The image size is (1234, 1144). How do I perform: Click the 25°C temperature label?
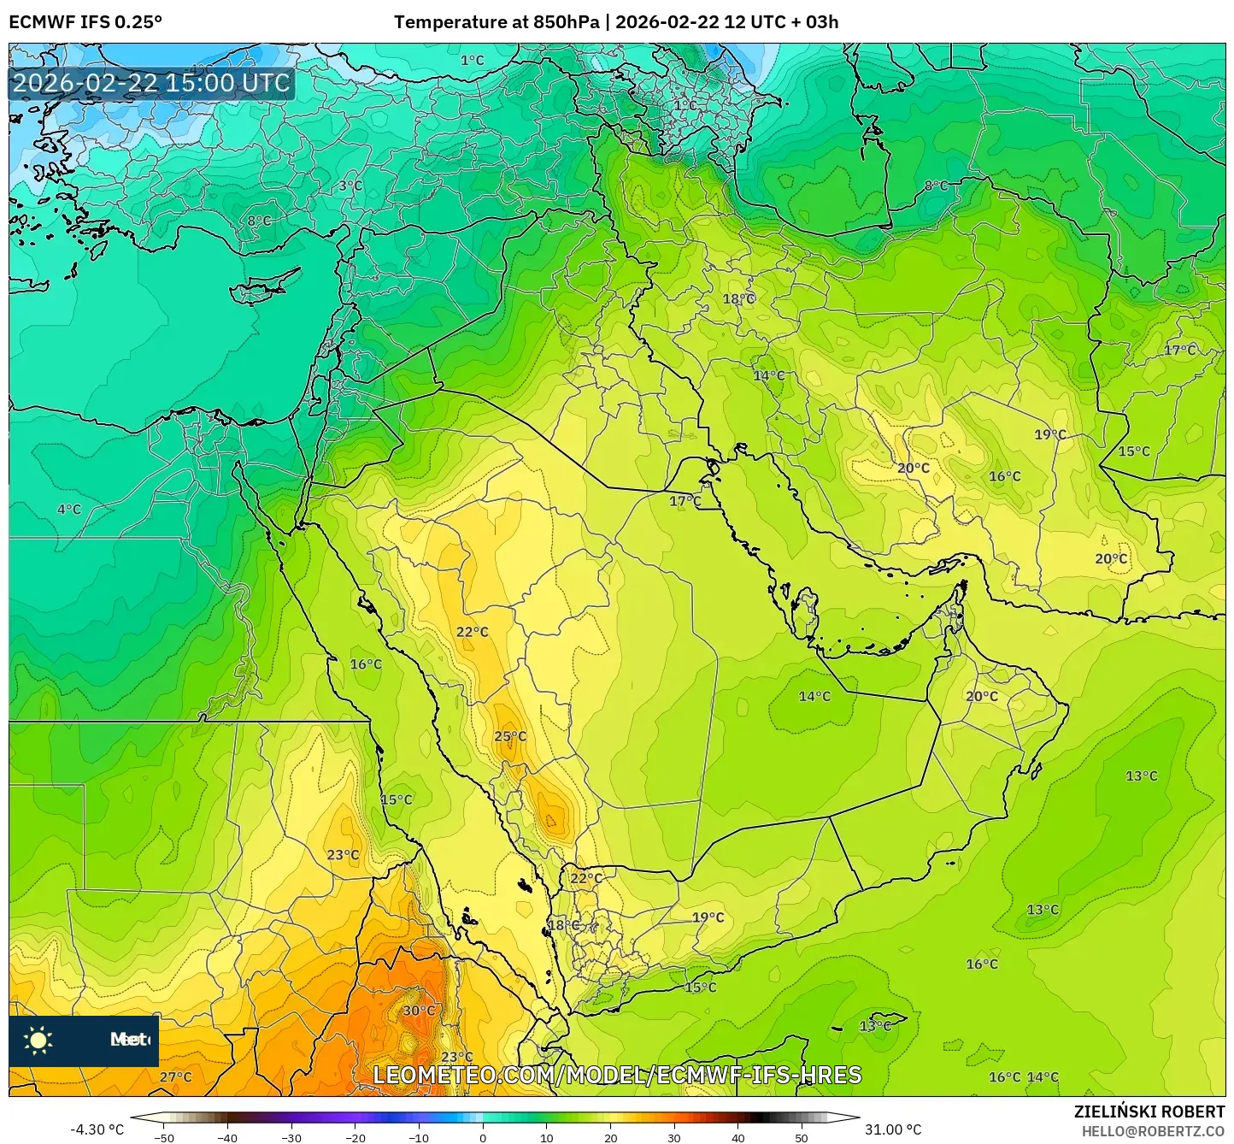point(510,736)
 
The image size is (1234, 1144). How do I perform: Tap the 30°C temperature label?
point(419,1010)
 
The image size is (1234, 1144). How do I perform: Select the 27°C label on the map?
point(176,1076)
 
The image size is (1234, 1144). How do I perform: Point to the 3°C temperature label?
point(350,186)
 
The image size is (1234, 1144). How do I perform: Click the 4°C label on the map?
point(69,510)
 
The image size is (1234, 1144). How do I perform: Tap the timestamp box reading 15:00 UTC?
point(152,83)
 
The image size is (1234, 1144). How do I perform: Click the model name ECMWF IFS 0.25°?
point(85,22)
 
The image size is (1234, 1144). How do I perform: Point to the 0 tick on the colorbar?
point(483,1137)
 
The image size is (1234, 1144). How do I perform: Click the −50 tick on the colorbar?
point(163,1137)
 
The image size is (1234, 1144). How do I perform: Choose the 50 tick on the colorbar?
point(802,1137)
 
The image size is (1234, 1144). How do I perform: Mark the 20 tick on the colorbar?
point(610,1137)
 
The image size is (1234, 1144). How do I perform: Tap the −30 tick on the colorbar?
point(291,1137)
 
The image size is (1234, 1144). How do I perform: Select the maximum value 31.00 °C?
point(893,1129)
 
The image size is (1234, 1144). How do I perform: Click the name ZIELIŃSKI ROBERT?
point(1149,1112)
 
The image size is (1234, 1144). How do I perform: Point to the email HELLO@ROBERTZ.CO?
point(1153,1130)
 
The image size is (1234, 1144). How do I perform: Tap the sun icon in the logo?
point(38,1041)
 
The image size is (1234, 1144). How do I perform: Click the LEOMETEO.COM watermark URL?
point(617,1075)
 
